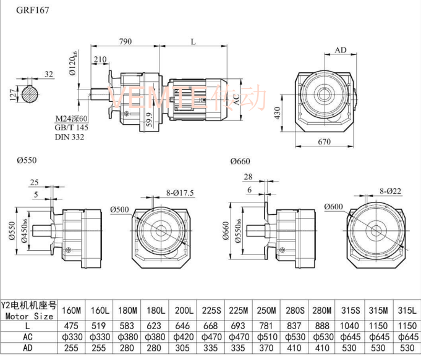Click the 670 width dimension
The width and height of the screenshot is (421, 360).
(x=325, y=141)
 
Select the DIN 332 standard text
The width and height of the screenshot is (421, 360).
(x=69, y=136)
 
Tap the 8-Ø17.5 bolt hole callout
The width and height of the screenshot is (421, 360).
(x=179, y=193)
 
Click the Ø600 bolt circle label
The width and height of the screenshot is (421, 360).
(x=334, y=207)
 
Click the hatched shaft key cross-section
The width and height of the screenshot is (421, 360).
(x=30, y=95)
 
